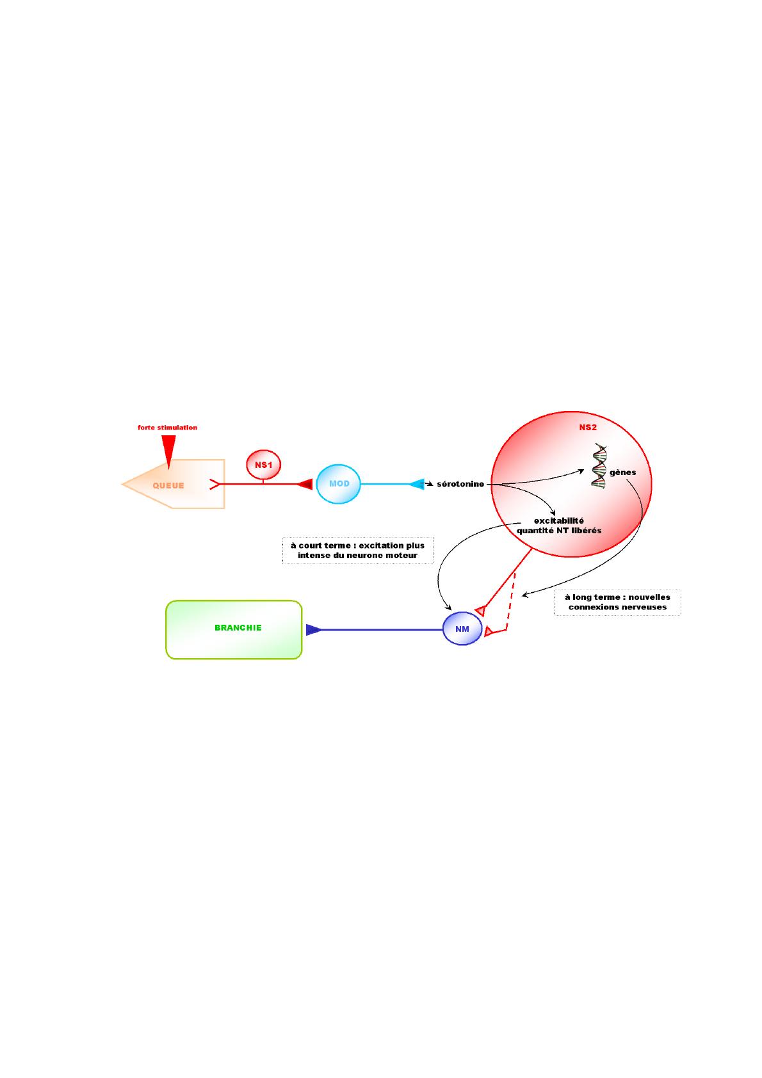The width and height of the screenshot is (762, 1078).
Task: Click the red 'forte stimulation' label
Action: pyautogui.click(x=167, y=428)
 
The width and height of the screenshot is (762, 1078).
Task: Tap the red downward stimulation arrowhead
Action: pyautogui.click(x=168, y=451)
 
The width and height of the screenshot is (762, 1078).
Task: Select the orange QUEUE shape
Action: pyautogui.click(x=174, y=484)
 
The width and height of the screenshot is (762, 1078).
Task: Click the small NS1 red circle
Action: pyautogui.click(x=263, y=465)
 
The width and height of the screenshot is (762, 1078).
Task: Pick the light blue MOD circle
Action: pyautogui.click(x=338, y=484)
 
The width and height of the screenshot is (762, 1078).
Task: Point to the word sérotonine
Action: pyautogui.click(x=460, y=484)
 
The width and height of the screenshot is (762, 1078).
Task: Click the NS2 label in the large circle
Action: pyautogui.click(x=588, y=428)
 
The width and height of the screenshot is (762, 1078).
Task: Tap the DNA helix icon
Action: pyautogui.click(x=599, y=466)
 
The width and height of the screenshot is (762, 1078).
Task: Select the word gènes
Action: pyautogui.click(x=622, y=472)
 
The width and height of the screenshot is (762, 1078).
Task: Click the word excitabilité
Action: pyautogui.click(x=559, y=520)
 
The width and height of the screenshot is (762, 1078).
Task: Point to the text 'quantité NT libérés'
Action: pyautogui.click(x=559, y=530)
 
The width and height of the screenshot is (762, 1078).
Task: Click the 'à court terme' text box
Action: pyautogui.click(x=358, y=551)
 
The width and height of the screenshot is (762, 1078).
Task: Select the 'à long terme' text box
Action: pyautogui.click(x=617, y=602)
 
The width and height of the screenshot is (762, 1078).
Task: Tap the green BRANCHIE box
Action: pyautogui.click(x=234, y=629)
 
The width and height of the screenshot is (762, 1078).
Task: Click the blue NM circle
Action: pyautogui.click(x=462, y=629)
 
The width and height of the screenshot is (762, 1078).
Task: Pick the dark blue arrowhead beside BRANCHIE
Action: pyautogui.click(x=314, y=629)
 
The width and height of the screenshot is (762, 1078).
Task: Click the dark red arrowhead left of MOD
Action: pyautogui.click(x=305, y=484)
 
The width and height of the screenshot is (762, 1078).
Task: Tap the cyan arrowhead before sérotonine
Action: pyautogui.click(x=416, y=484)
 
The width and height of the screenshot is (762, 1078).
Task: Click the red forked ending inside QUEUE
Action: pyautogui.click(x=215, y=484)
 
